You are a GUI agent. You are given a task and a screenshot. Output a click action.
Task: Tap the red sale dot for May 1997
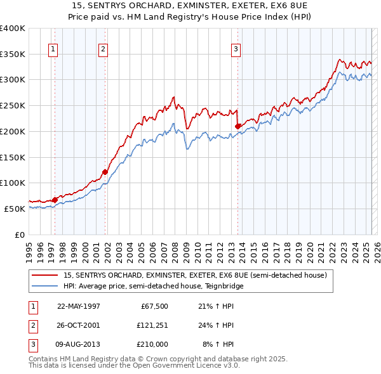tap(55, 200)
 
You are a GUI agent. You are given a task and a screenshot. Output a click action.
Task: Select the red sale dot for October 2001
tap(105, 172)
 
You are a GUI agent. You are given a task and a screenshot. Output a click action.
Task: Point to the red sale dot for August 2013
tap(237, 126)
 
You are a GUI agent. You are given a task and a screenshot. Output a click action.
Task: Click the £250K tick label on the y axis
tap(13, 105)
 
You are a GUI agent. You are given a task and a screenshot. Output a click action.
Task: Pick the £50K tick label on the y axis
tap(15, 209)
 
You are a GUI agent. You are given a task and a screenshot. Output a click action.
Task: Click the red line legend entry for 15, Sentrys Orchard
tap(194, 275)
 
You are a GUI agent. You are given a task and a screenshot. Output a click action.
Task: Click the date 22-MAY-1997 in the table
tap(78, 306)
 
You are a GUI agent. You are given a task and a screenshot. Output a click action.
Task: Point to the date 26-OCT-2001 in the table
tap(78, 325)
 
